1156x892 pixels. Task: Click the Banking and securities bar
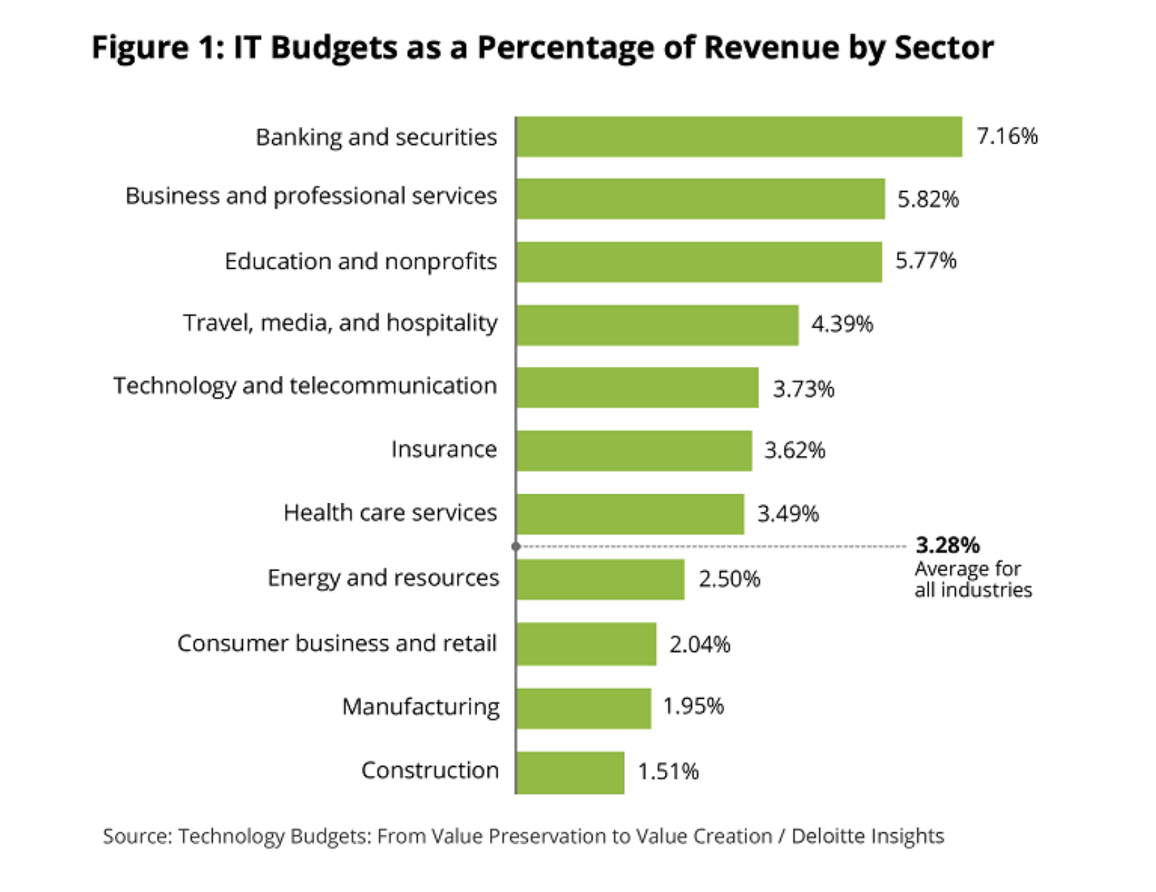pyautogui.click(x=739, y=137)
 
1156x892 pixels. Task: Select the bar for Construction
pyautogui.click(x=570, y=772)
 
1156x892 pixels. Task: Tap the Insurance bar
pyautogui.click(x=634, y=450)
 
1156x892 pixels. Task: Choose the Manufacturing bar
pyautogui.click(x=584, y=709)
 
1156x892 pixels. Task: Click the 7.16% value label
pyautogui.click(x=1007, y=136)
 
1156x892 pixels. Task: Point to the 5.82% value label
pyautogui.click(x=928, y=200)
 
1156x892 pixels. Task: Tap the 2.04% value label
pyautogui.click(x=700, y=644)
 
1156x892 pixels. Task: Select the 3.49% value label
pyautogui.click(x=788, y=514)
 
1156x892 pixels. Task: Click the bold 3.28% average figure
pyautogui.click(x=947, y=545)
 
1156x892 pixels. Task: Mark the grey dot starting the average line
pyautogui.click(x=516, y=546)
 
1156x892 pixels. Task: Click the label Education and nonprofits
pyautogui.click(x=360, y=261)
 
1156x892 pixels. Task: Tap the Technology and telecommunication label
pyautogui.click(x=305, y=386)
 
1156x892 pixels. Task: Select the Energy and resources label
pyautogui.click(x=383, y=578)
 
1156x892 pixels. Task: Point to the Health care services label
pyautogui.click(x=390, y=513)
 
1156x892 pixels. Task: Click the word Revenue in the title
pyautogui.click(x=771, y=48)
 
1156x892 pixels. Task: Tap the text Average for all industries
pyautogui.click(x=973, y=579)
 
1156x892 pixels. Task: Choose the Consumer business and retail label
pyautogui.click(x=337, y=643)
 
